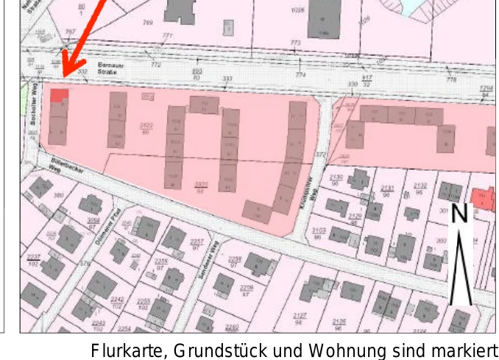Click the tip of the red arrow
coord(63,74)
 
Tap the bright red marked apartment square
coord(60,94)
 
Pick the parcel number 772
coord(155,65)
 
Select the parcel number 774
coord(300,74)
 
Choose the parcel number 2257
coord(197,243)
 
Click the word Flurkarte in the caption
coord(122,349)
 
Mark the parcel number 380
coord(58,195)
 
